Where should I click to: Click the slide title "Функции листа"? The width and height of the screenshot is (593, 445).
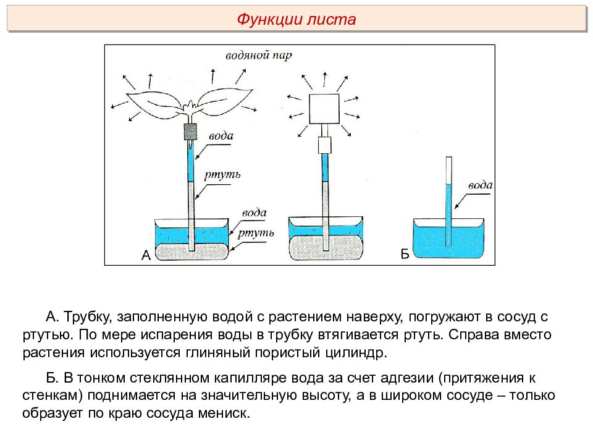pyautogui.click(x=296, y=19)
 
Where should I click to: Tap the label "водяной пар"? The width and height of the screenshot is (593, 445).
pyautogui.click(x=259, y=56)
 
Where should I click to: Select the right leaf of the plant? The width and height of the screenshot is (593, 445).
pyautogui.click(x=224, y=100)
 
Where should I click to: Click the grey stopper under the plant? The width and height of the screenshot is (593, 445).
pyautogui.click(x=190, y=132)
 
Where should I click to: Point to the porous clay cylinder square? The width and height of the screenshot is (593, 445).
pyautogui.click(x=324, y=109)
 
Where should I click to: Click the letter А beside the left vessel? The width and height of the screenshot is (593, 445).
pyautogui.click(x=146, y=255)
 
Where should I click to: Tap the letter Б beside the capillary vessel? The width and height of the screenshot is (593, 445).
pyautogui.click(x=405, y=254)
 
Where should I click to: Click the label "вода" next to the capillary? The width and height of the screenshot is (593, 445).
pyautogui.click(x=481, y=185)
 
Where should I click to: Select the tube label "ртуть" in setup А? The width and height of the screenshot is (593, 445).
pyautogui.click(x=222, y=175)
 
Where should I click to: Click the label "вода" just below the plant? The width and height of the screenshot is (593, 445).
pyautogui.click(x=221, y=136)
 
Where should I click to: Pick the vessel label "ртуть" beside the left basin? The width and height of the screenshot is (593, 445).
pyautogui.click(x=256, y=232)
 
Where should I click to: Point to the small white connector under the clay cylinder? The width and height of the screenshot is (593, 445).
pyautogui.click(x=324, y=145)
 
